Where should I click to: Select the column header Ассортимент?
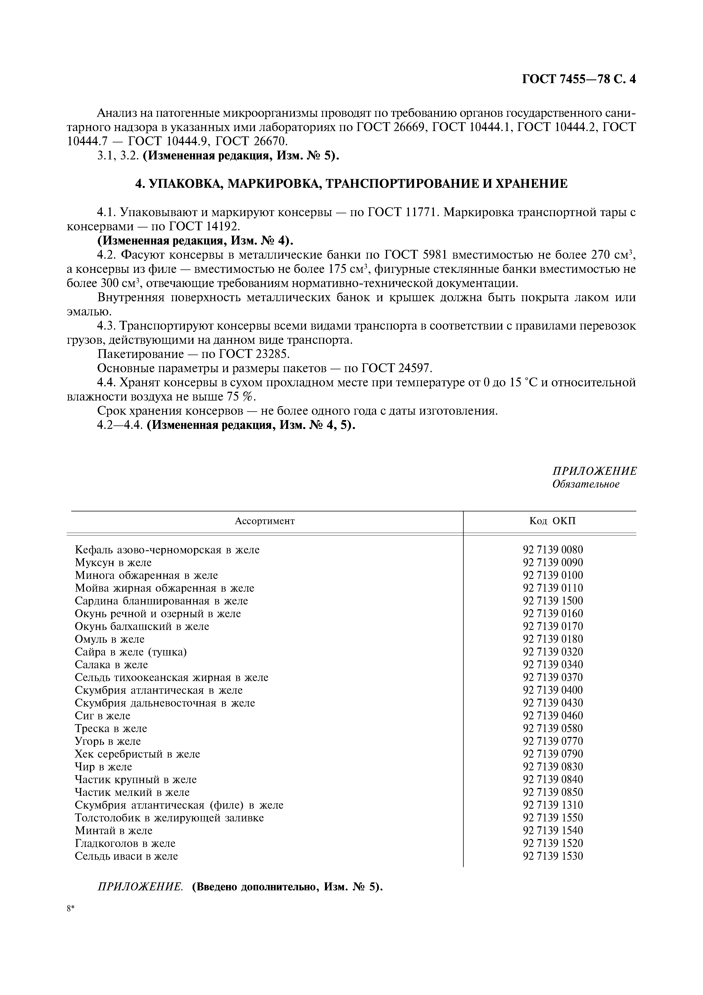pos(264,521)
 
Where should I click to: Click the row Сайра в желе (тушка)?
pos(131,652)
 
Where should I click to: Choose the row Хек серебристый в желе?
pos(137,754)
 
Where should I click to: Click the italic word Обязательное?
pos(586,484)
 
